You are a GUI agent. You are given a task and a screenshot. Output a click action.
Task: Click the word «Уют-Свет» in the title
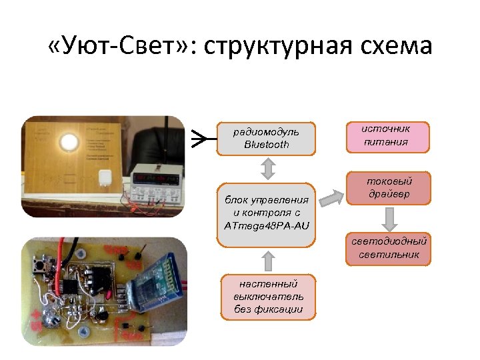120,47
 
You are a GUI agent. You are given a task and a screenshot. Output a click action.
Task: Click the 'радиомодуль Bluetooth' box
266,138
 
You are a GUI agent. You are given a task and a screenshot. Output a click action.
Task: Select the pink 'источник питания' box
387,136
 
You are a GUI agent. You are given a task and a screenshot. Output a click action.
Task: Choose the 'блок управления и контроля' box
266,213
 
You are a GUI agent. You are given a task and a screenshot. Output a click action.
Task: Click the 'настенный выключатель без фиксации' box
268,296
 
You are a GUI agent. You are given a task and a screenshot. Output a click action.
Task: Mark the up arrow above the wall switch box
267,259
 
